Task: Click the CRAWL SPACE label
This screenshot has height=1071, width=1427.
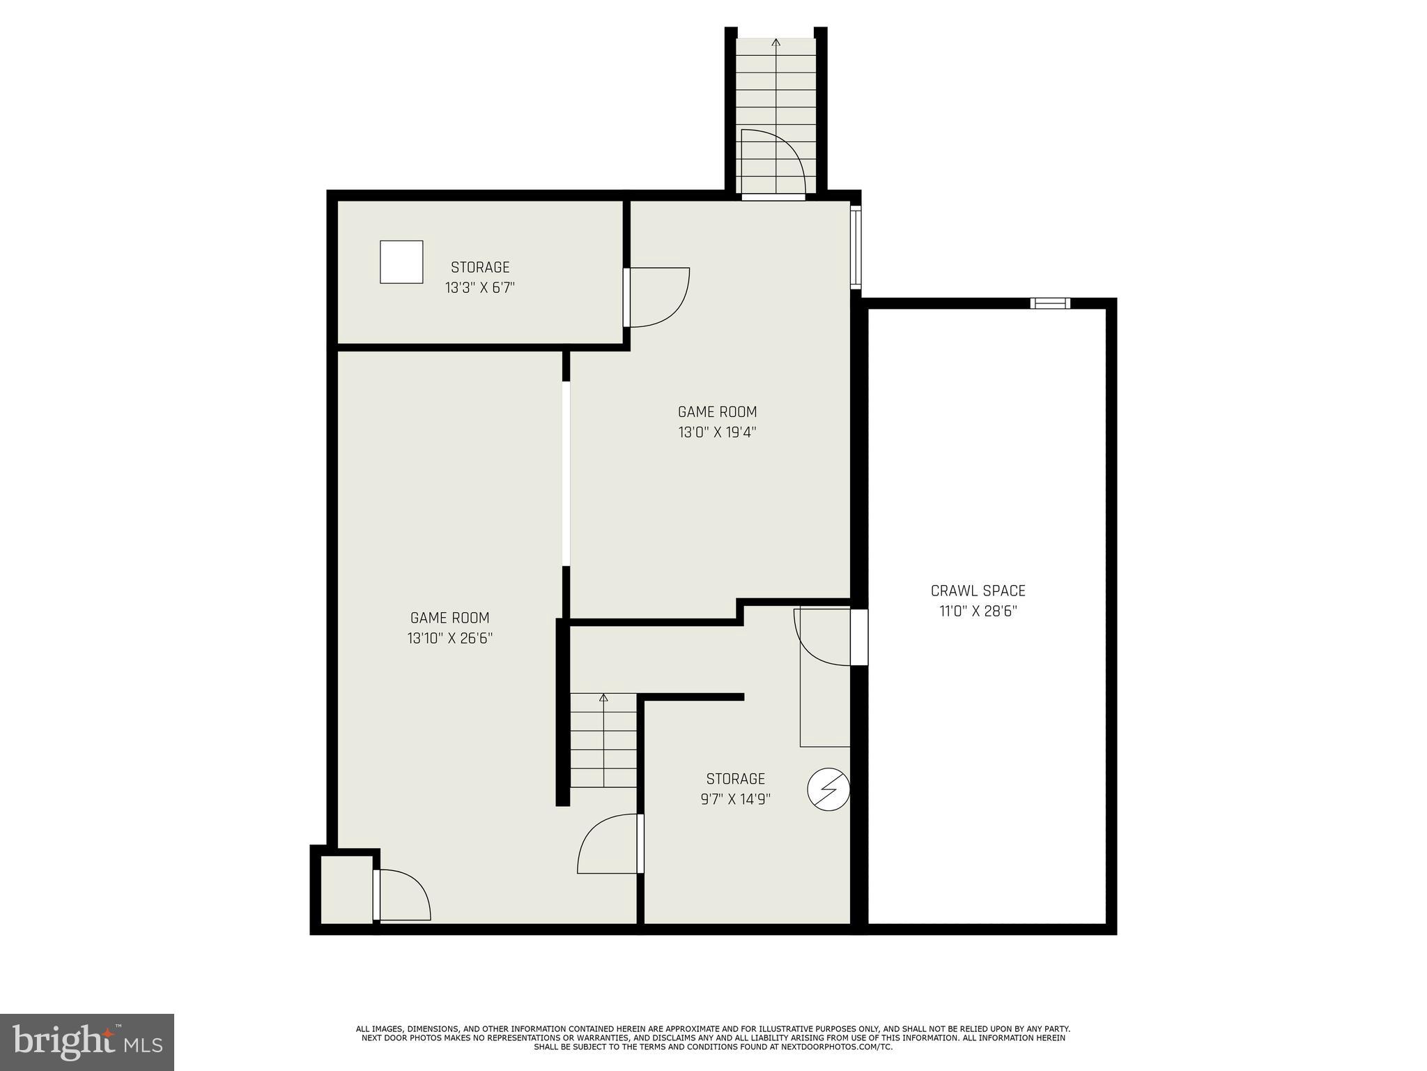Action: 978,591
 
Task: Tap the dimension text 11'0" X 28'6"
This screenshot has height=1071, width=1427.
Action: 978,612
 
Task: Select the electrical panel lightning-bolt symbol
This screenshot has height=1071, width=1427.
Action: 828,789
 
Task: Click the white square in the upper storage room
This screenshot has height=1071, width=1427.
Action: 401,262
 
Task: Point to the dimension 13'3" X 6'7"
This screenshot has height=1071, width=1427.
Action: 479,288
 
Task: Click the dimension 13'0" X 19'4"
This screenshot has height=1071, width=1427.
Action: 717,432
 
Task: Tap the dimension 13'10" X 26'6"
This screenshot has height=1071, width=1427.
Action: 450,638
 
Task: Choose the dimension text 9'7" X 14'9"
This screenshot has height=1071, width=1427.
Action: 735,799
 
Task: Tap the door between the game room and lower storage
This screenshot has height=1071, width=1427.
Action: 608,844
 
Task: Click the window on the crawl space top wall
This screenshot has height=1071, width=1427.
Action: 1050,303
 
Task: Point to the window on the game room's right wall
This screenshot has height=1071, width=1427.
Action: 856,247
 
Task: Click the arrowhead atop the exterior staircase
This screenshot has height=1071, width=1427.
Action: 776,43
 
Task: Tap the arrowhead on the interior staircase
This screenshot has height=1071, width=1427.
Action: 603,697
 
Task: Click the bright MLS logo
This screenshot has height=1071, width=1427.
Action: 87,1042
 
